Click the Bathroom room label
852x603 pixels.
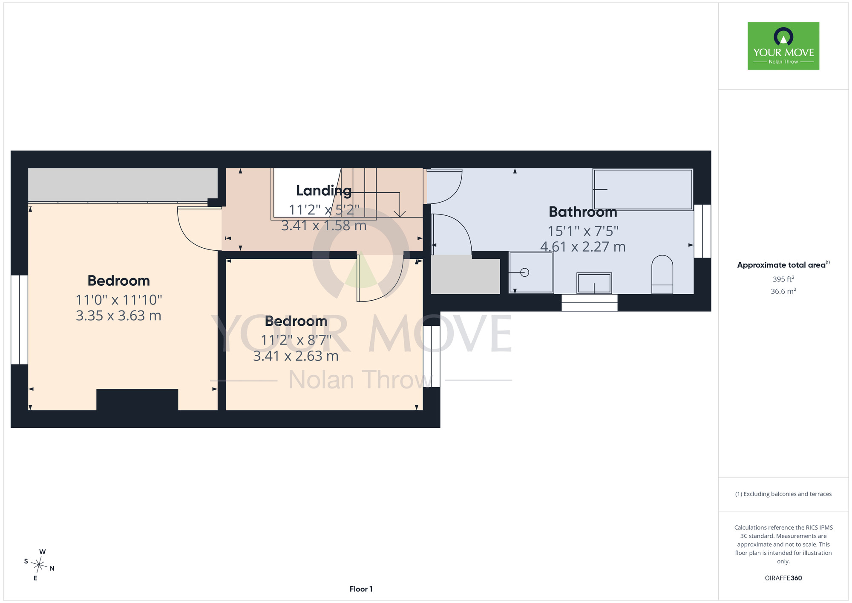tap(583, 212)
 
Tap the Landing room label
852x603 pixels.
tap(324, 191)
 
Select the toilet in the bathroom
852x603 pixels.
tap(662, 275)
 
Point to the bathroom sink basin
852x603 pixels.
tap(594, 283)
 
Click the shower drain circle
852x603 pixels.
tap(525, 272)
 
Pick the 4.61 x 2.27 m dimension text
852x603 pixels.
tap(583, 247)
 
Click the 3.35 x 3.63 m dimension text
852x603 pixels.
tap(118, 316)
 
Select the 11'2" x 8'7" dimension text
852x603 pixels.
tap(296, 340)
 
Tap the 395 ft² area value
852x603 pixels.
tap(783, 279)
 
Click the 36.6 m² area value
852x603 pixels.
tap(783, 291)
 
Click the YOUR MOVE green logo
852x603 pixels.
tap(783, 46)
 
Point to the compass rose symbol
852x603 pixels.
tap(39, 565)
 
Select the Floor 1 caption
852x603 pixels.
tap(361, 589)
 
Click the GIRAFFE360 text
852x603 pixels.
tap(783, 578)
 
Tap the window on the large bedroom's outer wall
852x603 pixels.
tap(19, 320)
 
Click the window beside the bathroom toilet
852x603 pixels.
tap(702, 231)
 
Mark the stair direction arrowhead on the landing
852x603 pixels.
tap(400, 213)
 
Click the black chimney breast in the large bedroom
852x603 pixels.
tap(137, 400)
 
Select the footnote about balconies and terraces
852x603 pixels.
tap(783, 494)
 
